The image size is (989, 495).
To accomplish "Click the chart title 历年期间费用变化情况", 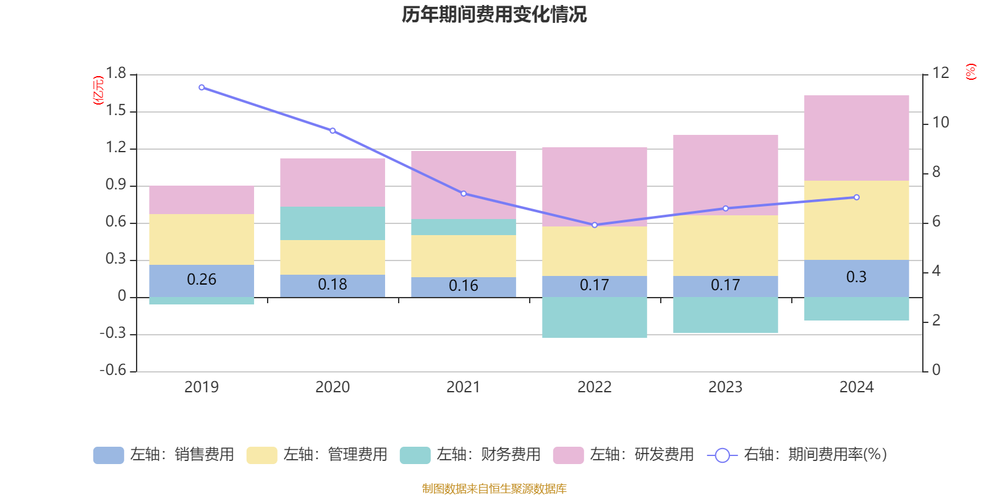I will pos(494,14).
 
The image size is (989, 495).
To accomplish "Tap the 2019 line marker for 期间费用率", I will pos(202,87).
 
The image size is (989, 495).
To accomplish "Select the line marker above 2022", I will pos(595,225).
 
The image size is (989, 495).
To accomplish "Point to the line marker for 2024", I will pos(856,197).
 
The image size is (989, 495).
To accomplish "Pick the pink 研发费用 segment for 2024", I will pos(856,138).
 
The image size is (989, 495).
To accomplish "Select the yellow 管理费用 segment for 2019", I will pos(202,239).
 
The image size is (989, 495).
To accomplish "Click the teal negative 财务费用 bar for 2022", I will pos(595,317).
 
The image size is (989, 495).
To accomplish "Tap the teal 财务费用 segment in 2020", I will pos(333,223).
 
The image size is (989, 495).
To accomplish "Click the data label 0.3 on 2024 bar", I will pos(856,277).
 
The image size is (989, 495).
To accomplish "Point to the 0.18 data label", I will pos(333,285).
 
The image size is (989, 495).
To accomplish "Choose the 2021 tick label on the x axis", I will pos(463,387).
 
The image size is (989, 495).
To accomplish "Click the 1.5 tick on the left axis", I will pos(116,111).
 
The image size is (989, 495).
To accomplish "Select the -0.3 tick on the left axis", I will pos(112,334).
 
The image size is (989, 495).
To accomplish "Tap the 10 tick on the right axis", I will pos(940,123).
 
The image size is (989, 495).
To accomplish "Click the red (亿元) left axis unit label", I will pos(98,90).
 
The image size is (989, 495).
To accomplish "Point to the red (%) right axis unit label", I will pos(970,72).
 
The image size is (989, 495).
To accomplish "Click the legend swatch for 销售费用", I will pos(108,455).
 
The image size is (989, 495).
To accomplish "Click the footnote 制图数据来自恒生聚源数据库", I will pos(494,489).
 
